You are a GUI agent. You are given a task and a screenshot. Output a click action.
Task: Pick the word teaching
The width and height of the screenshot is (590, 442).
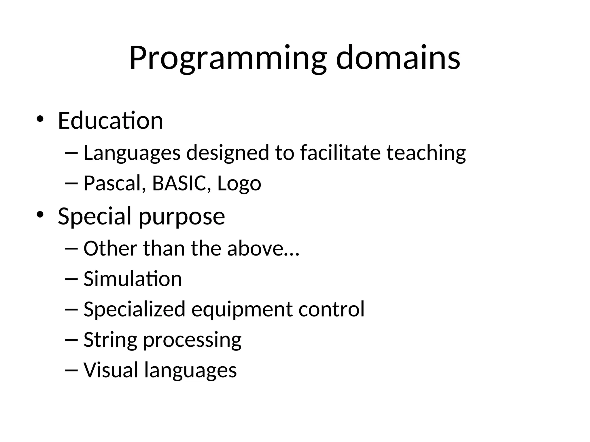pos(426,153)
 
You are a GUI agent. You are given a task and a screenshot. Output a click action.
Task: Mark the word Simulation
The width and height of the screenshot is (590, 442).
pos(133,279)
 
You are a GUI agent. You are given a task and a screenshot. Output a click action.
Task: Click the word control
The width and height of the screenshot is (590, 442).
pos(331,309)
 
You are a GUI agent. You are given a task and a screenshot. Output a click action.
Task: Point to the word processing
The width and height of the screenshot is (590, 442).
pos(192,341)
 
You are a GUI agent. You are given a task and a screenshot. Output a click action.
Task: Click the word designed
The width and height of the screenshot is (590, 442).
pos(228,153)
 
